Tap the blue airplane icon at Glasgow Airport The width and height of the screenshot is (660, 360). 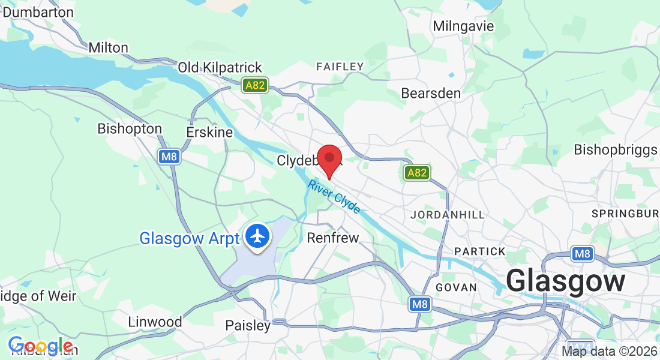[259, 237]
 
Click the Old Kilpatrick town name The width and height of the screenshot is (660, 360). [220, 67]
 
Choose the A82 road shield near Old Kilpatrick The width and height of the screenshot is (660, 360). [255, 85]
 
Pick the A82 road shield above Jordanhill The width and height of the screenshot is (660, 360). [416, 173]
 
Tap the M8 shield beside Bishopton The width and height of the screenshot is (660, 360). [169, 157]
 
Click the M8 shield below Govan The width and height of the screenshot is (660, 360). [420, 305]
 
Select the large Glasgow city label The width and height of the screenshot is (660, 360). [565, 281]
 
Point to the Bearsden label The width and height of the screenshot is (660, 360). [431, 94]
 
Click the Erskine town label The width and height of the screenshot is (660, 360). [209, 132]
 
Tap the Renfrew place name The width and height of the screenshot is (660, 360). [333, 238]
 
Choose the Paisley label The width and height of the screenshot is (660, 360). [248, 326]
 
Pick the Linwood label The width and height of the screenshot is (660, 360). [155, 322]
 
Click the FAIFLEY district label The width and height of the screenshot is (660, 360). [340, 67]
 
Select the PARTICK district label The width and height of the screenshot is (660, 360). [480, 251]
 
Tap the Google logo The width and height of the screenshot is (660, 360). [40, 346]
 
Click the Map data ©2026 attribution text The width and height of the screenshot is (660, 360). [609, 352]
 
